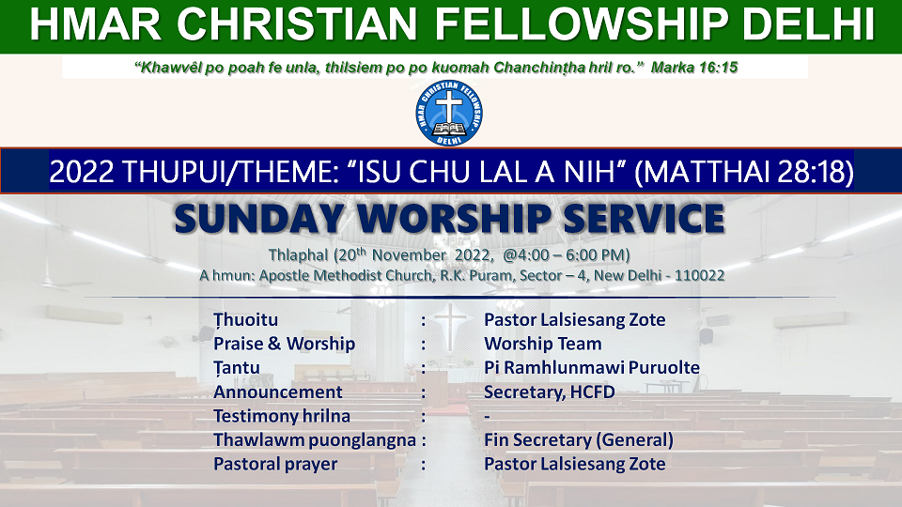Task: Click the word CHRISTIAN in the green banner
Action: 297,24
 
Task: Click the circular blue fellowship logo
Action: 449,114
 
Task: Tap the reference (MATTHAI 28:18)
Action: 743,171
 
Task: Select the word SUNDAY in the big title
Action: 259,219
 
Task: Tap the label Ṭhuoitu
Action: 245,320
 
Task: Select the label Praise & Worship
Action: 284,344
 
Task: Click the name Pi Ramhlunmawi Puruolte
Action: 592,367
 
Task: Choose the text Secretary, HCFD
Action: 550,392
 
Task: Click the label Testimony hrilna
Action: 282,416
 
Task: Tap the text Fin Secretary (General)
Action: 579,439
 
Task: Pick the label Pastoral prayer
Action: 275,464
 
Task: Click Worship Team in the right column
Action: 543,344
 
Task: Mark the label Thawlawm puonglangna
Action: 315,440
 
